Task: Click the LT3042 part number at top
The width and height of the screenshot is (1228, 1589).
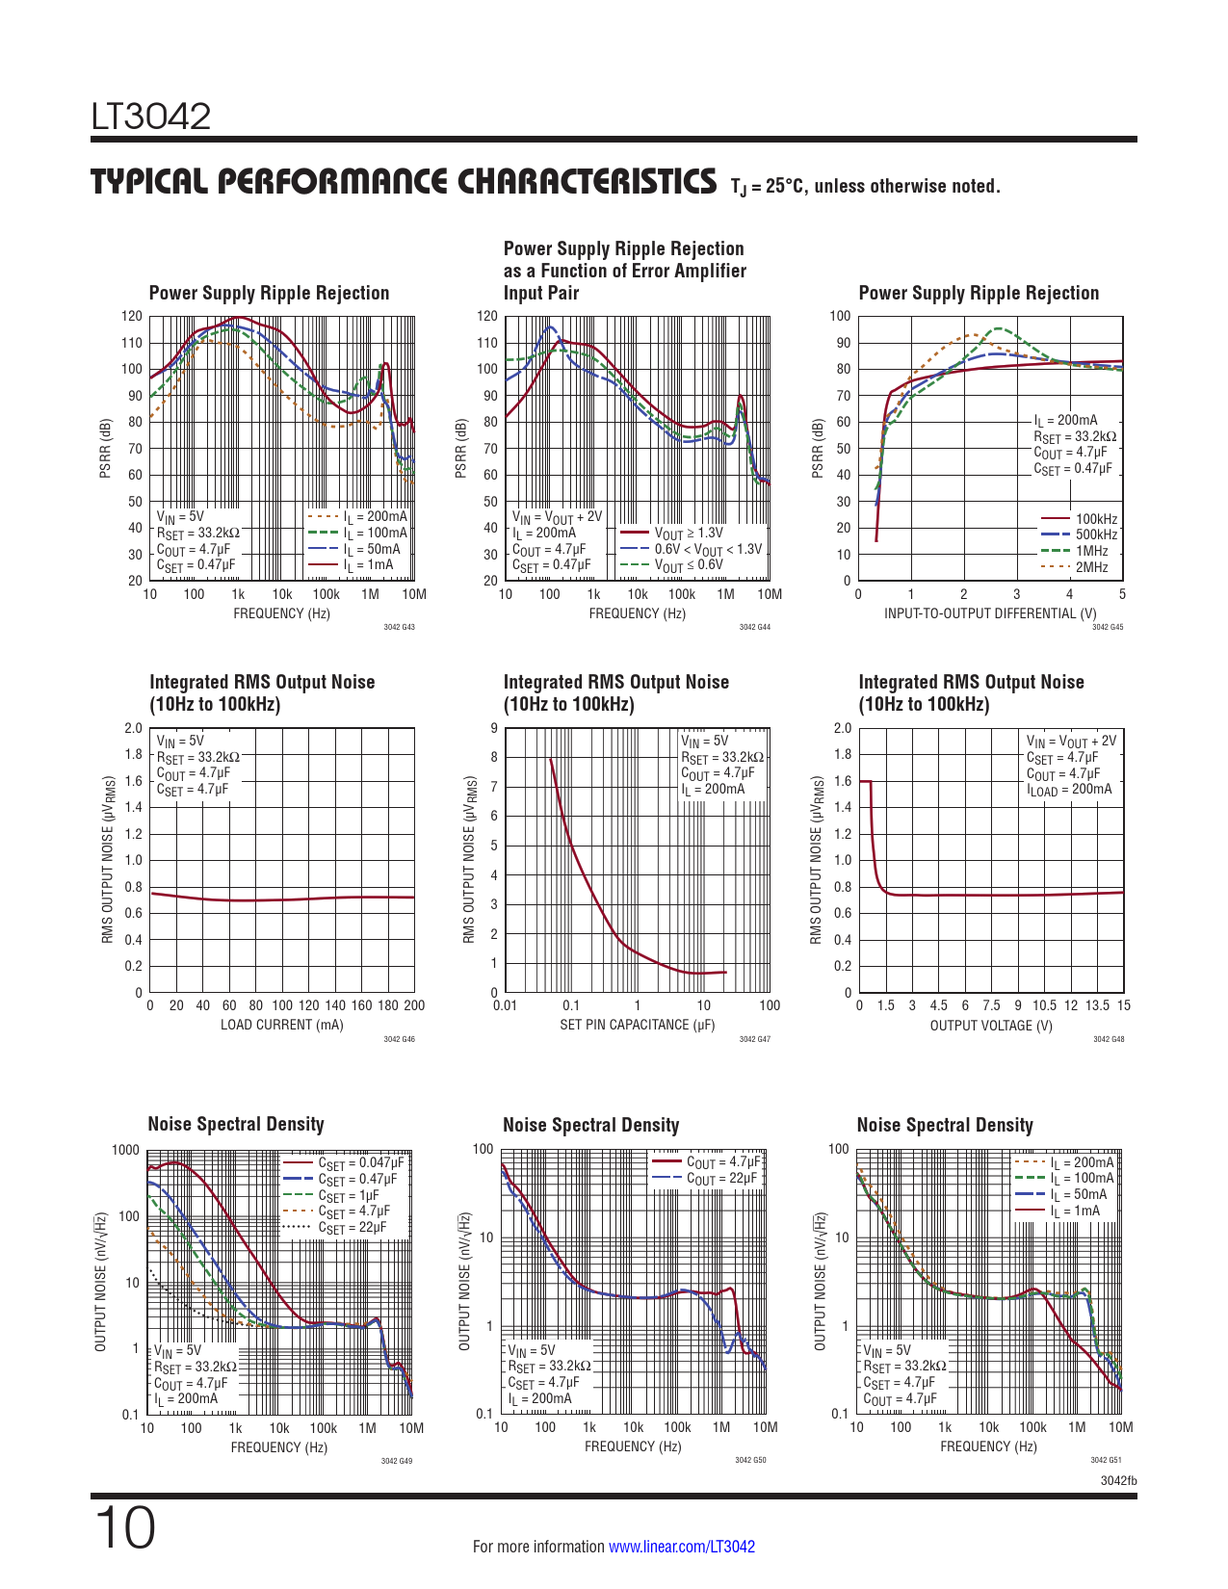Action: click(151, 117)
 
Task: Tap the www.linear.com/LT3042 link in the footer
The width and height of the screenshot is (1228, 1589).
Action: click(682, 1547)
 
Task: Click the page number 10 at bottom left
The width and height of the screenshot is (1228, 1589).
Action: click(124, 1529)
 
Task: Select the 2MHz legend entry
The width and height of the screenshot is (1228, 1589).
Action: click(1091, 567)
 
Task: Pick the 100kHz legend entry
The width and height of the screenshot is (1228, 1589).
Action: click(1096, 519)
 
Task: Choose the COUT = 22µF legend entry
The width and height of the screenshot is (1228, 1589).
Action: click(722, 1179)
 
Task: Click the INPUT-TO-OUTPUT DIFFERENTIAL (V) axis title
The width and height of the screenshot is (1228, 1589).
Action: click(990, 613)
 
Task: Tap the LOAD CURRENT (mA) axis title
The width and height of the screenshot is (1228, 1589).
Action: click(281, 1025)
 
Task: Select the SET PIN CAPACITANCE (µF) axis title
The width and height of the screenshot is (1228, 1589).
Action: click(637, 1025)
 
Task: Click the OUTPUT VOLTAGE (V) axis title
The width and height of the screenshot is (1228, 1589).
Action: click(991, 1026)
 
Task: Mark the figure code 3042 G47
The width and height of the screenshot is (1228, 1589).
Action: click(754, 1039)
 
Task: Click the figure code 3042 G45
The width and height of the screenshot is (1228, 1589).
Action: click(1108, 628)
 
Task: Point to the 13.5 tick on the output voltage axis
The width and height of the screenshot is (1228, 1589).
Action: click(1097, 1005)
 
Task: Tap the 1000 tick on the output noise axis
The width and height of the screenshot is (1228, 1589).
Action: click(126, 1150)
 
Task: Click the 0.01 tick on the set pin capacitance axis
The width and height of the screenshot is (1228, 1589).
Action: click(505, 1005)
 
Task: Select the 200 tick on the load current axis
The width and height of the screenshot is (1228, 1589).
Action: click(414, 1005)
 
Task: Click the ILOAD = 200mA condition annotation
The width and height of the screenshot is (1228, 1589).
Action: click(1069, 790)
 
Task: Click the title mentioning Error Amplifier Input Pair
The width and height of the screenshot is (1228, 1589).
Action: click(624, 271)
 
